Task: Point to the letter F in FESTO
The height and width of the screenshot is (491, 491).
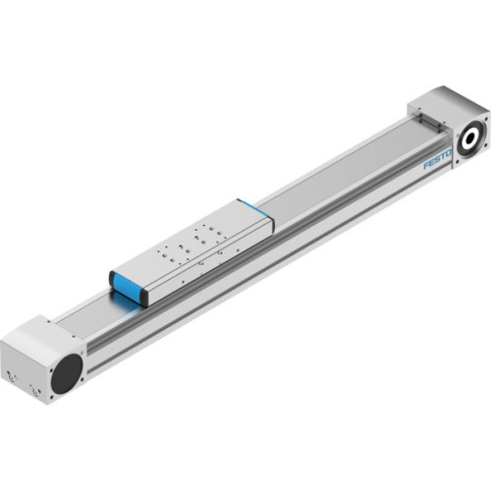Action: point(427,166)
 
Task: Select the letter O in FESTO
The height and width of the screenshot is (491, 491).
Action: point(449,150)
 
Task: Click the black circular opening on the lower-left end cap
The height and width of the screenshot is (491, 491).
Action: point(67,372)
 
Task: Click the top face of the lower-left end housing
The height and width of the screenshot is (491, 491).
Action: point(34,333)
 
